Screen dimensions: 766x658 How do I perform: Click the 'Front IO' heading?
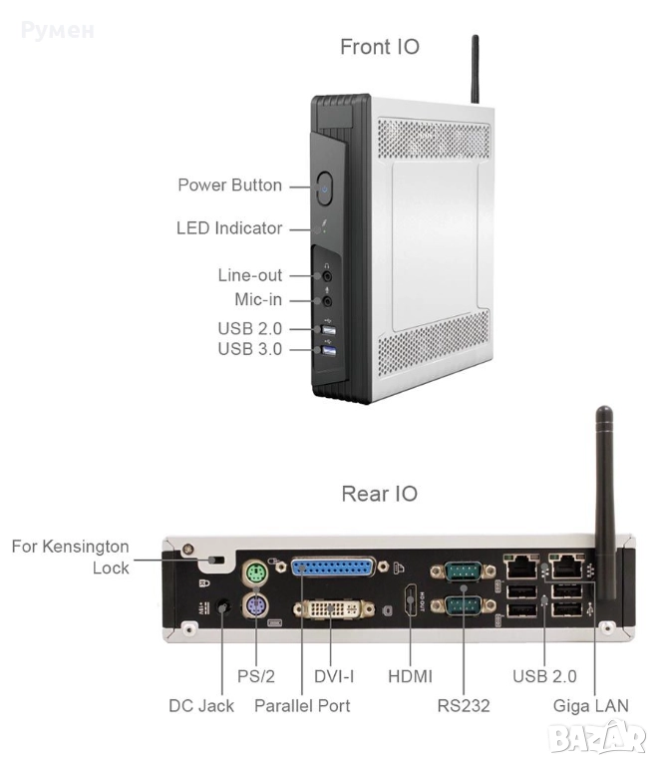point(380,47)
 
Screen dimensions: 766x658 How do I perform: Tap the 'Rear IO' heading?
point(380,493)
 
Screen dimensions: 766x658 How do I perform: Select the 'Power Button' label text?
point(229,186)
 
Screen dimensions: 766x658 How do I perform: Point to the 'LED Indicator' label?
point(228,228)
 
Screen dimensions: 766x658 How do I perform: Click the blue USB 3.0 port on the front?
point(329,348)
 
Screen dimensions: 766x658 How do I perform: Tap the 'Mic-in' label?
point(250,299)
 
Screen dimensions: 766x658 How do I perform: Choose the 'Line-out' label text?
point(249,275)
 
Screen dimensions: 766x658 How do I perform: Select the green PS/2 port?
point(256,574)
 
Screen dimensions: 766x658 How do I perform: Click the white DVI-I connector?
point(333,610)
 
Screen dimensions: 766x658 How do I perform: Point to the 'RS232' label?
point(464,705)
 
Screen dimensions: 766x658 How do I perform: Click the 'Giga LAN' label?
point(591,705)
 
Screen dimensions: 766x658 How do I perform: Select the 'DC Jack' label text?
point(200,705)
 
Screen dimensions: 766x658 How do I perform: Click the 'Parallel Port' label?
point(302,705)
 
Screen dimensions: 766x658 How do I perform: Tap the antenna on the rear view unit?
point(603,499)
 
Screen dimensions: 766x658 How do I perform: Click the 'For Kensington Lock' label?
point(70,557)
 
